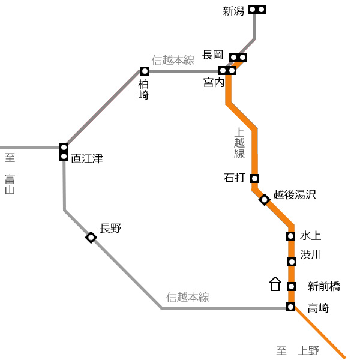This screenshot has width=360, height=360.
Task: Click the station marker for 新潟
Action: [x=257, y=10]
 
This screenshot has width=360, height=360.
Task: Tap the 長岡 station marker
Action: [x=238, y=57]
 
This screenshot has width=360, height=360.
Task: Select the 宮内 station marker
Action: [x=227, y=70]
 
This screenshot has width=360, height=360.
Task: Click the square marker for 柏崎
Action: [x=145, y=71]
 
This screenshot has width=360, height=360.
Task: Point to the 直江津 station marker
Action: [x=64, y=152]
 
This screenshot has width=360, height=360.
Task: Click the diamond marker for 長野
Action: [x=91, y=237]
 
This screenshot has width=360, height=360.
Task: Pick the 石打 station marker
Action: [x=254, y=178]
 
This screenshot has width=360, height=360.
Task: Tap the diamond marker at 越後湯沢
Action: [x=265, y=200]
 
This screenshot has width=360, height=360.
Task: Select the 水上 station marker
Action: [x=290, y=236]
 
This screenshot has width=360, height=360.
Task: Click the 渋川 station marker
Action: [x=292, y=262]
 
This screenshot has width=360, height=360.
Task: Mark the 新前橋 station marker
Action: [x=291, y=286]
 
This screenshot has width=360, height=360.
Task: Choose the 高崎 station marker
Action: [x=290, y=307]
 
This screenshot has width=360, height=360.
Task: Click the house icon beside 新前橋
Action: [x=275, y=284]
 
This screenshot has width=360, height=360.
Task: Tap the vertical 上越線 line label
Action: [x=239, y=143]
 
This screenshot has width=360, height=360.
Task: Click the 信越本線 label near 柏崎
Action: [x=173, y=60]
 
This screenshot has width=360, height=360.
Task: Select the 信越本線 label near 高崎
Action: [x=188, y=297]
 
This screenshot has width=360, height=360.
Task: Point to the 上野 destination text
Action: [x=308, y=351]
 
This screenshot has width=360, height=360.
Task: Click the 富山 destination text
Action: [x=10, y=184]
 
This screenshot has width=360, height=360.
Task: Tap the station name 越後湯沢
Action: [x=295, y=194]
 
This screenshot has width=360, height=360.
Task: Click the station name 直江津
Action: [x=87, y=158]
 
